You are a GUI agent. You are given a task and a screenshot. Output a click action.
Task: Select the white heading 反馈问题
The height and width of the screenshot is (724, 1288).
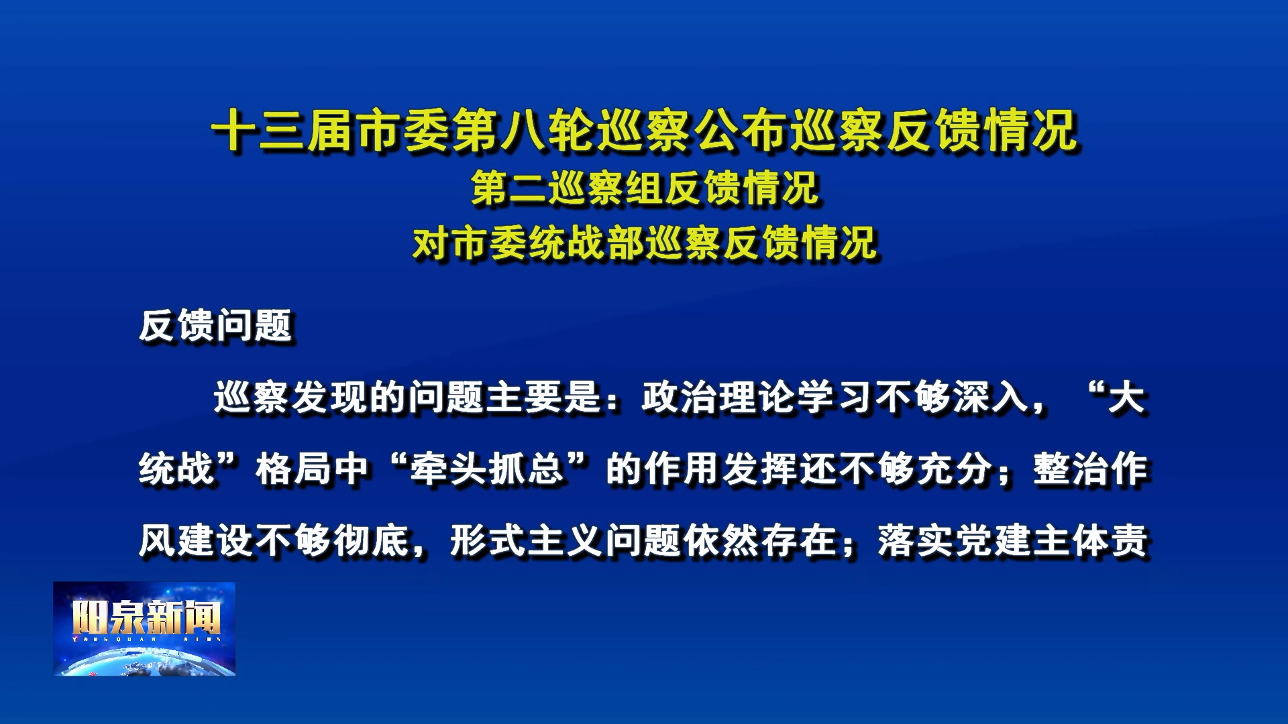216,326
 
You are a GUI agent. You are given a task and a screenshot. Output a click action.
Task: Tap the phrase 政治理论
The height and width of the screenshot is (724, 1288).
718,398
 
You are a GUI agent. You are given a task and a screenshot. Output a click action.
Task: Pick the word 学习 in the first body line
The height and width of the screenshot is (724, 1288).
835,398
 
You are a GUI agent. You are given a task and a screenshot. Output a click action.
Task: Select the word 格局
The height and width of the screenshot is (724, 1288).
292,469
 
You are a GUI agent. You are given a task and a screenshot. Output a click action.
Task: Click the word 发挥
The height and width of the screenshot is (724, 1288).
760,469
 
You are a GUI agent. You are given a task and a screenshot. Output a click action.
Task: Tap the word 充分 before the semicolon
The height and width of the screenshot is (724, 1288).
955,469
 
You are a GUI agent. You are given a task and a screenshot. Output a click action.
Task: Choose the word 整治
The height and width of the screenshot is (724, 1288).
1071,469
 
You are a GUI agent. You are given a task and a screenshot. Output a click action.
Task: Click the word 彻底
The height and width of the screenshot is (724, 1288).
372,541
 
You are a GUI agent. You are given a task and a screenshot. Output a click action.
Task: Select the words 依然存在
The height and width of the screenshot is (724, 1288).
760,541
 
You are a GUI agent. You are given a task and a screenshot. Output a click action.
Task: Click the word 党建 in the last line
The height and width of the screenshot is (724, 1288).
994,541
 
